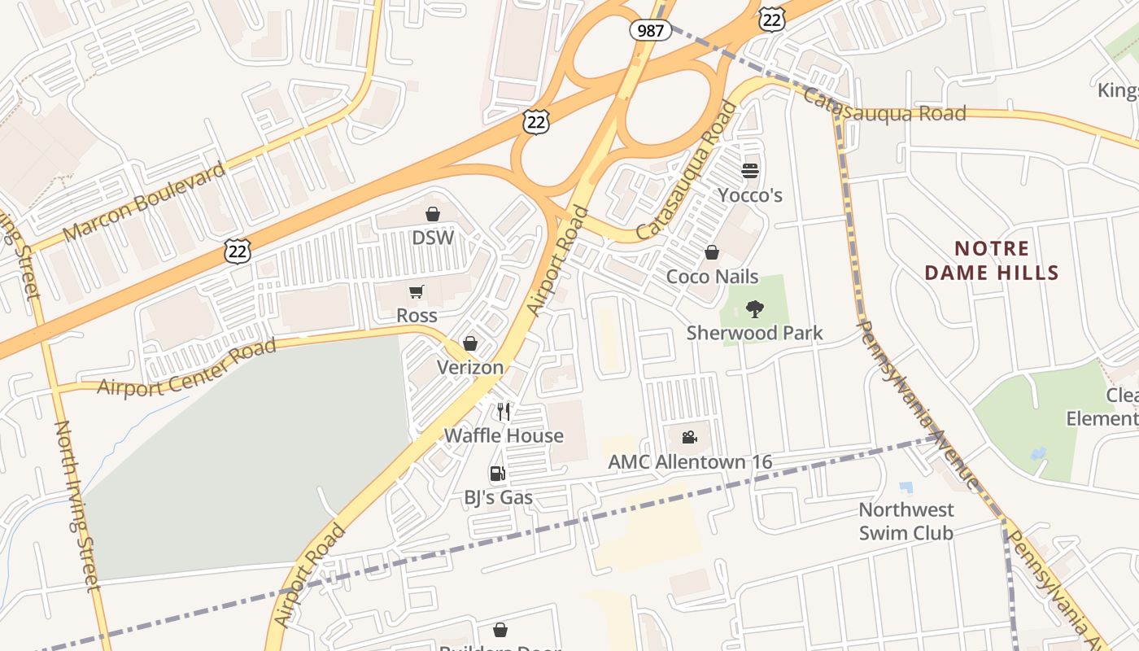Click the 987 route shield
tap(650, 31)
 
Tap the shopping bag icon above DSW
tap(433, 214)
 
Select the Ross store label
tap(417, 316)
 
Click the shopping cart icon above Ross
tap(417, 291)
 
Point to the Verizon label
tap(470, 367)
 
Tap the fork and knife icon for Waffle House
tap(504, 412)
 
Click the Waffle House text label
tap(504, 435)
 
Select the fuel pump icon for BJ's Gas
tap(497, 474)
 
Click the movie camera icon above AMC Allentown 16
tap(690, 438)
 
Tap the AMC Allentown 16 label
tap(690, 462)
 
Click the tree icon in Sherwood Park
tap(755, 309)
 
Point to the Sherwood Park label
tap(755, 333)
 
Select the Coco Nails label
tap(712, 277)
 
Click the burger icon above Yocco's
tap(750, 171)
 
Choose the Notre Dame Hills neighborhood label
tap(992, 260)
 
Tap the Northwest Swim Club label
tap(906, 521)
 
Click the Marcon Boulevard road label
tap(144, 201)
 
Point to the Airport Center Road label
tap(187, 369)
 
